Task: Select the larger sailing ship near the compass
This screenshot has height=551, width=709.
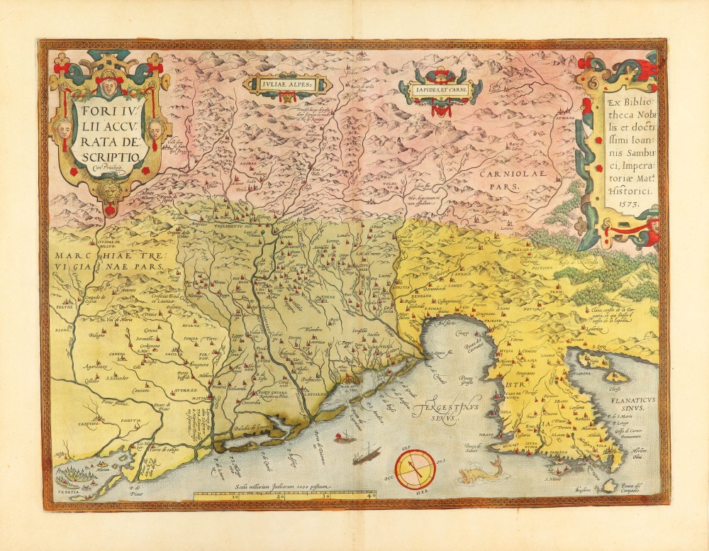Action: point(367,454)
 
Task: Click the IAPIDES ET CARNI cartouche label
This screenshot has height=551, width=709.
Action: point(440,89)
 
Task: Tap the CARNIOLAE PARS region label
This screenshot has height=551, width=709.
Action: point(498,178)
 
